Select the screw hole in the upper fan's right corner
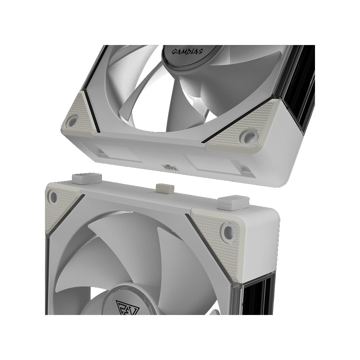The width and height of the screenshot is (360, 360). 249,136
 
